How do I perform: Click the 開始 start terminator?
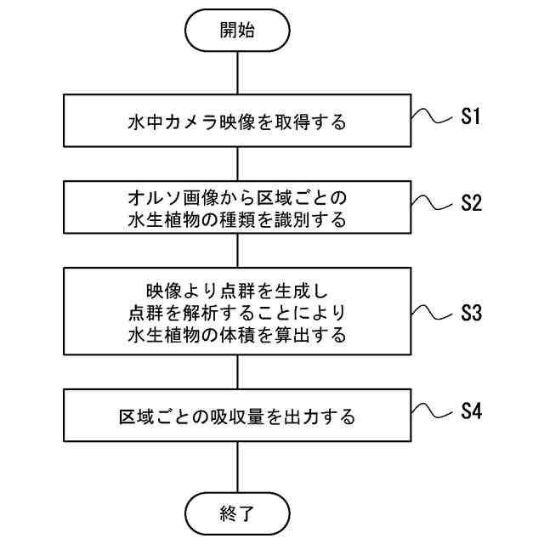coord(235,31)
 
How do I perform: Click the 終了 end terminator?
coord(235,513)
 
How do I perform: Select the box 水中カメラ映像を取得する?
coord(235,122)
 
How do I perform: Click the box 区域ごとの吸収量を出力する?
coord(235,417)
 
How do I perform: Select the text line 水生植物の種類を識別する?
coord(235,220)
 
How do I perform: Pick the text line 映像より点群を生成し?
coord(235,289)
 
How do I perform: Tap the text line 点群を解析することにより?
coord(235,311)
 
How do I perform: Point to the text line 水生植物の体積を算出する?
coord(235,334)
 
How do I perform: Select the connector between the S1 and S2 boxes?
coord(235,161)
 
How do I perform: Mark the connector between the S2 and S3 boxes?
coord(235,253)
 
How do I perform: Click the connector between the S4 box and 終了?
coord(235,467)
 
